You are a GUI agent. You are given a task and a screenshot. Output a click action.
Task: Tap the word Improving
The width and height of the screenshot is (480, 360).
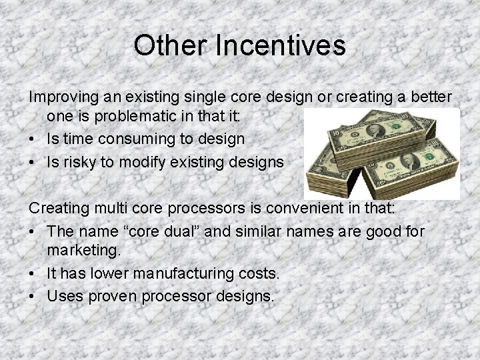tap(60, 97)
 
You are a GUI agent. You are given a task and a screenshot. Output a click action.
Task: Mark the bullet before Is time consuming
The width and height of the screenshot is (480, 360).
tap(32, 139)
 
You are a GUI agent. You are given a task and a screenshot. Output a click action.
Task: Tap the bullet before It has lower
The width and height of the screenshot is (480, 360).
tap(32, 273)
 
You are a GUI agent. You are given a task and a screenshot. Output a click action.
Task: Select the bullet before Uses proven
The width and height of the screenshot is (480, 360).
tap(32, 295)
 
